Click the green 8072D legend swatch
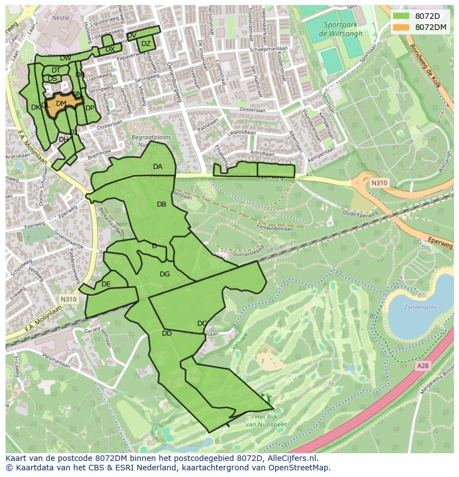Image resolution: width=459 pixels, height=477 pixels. pos(401,16)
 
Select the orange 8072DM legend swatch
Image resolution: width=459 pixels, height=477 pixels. pos(401,27)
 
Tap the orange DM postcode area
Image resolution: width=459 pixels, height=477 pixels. pos(62,104)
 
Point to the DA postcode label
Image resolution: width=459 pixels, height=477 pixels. pos(158,167)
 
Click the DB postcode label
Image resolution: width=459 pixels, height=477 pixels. pos(161,204)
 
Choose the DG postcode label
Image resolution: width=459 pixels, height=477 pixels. pos(165,274)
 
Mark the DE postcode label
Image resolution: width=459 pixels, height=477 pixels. pos(106,284)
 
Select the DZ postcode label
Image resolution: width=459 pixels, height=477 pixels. pos(146,44)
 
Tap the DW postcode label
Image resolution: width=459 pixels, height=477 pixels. pos(65,58)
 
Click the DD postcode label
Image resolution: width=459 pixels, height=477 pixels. pos(167,334)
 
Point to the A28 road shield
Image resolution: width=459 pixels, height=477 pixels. pos(422,366)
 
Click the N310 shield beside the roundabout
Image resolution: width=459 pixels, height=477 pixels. pos(379,183)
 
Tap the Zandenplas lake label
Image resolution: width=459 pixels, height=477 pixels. pos(420,307)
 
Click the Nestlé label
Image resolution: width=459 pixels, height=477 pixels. pos(60,18)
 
